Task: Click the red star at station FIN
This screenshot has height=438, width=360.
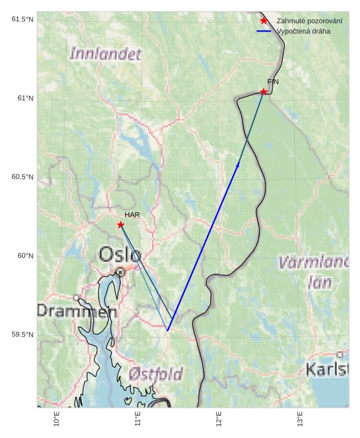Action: (x=264, y=92)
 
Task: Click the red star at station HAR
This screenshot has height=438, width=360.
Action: (x=120, y=224)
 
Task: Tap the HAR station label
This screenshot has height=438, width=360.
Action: (x=132, y=215)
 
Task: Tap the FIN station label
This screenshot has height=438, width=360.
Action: (x=273, y=82)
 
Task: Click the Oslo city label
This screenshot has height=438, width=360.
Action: (x=120, y=255)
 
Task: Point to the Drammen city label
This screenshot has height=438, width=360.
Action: (x=76, y=311)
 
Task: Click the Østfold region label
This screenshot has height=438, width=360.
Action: (x=155, y=374)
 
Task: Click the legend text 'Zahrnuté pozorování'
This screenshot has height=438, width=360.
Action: (x=309, y=21)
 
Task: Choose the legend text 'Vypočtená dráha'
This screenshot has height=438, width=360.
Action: (x=303, y=31)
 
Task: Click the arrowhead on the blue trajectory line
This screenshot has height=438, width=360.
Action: (x=238, y=165)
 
